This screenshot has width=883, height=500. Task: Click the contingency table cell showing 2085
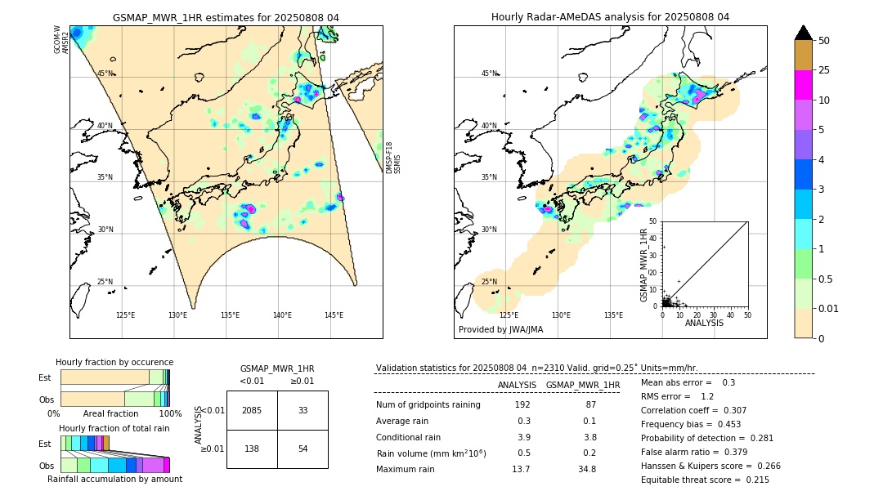pos(252,410)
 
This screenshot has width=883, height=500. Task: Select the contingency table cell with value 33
pos(303,410)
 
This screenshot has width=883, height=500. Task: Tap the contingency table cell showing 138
pos(252,449)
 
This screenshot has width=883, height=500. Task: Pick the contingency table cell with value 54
pos(303,449)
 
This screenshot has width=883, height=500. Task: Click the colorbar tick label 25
pos(824,70)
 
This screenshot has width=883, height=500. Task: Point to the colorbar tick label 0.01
pos(829,308)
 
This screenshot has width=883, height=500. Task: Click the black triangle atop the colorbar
pos(804,33)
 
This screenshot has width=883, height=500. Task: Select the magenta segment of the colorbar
pos(804,85)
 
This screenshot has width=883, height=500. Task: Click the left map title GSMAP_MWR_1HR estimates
pos(226,17)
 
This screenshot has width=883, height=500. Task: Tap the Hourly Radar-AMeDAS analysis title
pos(610,17)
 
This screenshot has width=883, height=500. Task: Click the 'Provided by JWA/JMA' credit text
pos(500,330)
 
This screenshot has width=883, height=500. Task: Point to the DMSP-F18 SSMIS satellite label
pos(392,158)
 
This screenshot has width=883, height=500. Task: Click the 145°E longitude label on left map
pos(334,315)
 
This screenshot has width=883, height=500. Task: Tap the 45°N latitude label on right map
pos(489,74)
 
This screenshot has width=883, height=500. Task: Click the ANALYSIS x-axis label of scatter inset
pos(704,323)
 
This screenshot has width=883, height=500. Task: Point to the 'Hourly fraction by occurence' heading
pos(114,362)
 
